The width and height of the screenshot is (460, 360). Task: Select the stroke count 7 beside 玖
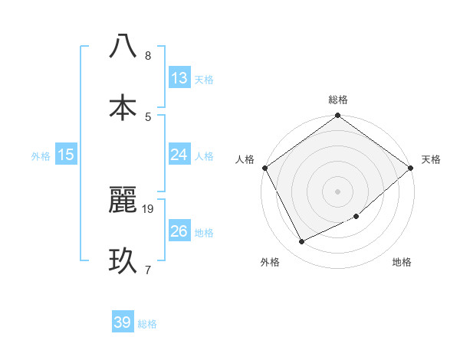[x=148, y=269]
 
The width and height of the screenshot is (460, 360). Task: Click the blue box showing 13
[x=179, y=78]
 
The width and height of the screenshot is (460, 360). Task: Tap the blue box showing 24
[x=179, y=155]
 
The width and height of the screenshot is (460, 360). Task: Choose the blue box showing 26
[x=179, y=231]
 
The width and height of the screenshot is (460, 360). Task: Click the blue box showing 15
[x=66, y=155]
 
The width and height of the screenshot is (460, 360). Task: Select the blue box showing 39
[x=122, y=322]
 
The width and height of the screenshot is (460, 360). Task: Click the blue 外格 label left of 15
[x=41, y=155]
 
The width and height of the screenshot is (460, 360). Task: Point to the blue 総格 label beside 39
[x=147, y=323]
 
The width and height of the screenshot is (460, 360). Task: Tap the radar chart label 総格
[x=338, y=100]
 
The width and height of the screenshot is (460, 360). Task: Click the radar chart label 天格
[x=432, y=159]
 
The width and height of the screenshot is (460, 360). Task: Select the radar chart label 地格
[x=402, y=262]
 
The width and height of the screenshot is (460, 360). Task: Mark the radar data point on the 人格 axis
[x=264, y=168]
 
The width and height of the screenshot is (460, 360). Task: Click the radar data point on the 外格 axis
[x=301, y=242]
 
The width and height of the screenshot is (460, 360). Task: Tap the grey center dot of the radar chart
[x=338, y=191]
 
